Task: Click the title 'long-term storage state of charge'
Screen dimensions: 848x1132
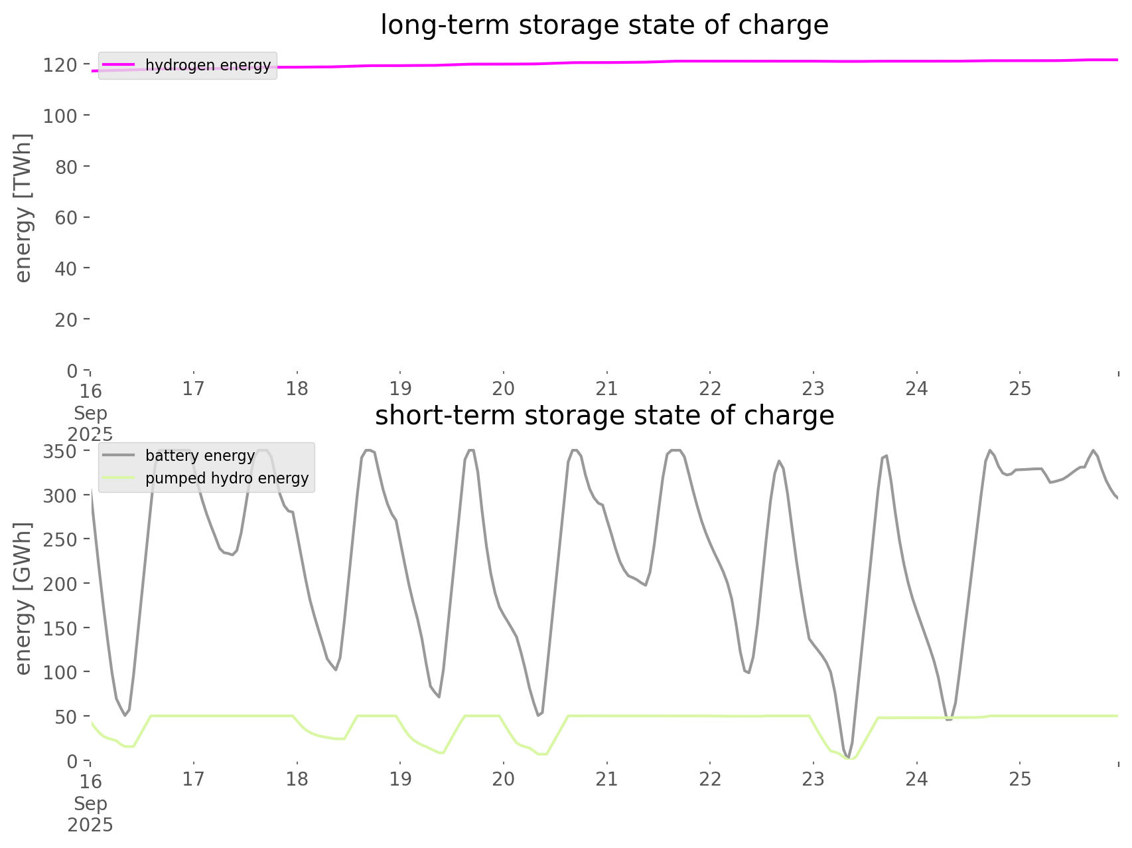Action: click(604, 25)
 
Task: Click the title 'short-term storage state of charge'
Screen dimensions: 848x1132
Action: click(604, 416)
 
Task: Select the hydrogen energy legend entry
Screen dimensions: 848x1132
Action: click(208, 65)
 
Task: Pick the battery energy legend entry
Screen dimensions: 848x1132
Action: click(200, 456)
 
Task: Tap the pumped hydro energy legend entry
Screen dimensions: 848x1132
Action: click(226, 478)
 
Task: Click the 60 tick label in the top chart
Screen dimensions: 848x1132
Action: click(66, 217)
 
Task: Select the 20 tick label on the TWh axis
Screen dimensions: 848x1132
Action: click(66, 319)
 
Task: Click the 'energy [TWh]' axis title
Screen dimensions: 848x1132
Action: click(23, 208)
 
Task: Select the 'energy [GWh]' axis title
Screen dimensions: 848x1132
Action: click(23, 598)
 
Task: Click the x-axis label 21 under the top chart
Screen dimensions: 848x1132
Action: click(606, 388)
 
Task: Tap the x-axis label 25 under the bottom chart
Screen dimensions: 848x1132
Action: click(1020, 779)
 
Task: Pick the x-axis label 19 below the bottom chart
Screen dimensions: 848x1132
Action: click(400, 779)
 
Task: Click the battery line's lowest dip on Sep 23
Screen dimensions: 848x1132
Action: click(847, 757)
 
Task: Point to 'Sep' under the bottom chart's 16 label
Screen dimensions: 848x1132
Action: click(90, 804)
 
